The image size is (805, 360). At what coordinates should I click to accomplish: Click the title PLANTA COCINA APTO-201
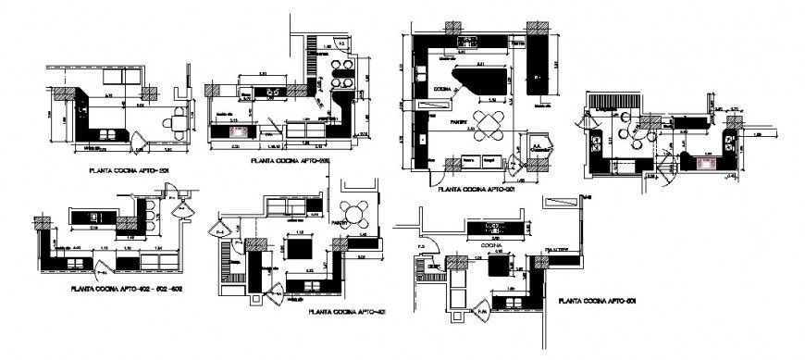(x=128, y=170)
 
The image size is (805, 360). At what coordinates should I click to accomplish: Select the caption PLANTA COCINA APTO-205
(x=291, y=160)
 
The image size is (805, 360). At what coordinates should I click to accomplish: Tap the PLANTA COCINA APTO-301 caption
(x=477, y=187)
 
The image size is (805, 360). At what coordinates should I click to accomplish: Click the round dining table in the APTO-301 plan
(x=489, y=121)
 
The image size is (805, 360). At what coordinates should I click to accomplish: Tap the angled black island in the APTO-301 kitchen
(x=480, y=81)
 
